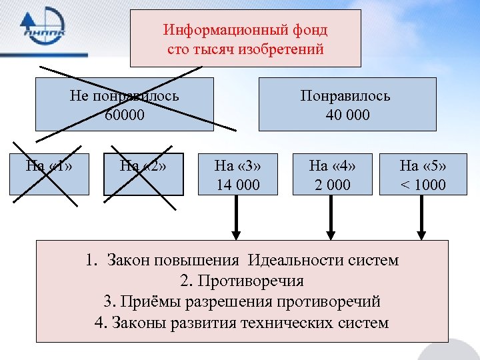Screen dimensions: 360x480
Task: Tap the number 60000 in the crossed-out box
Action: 124,115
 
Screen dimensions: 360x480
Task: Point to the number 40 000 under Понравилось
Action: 347,115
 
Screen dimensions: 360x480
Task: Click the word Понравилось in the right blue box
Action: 345,95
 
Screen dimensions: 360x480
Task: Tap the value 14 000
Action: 238,185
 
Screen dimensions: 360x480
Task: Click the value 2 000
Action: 330,185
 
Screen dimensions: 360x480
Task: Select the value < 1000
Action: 423,185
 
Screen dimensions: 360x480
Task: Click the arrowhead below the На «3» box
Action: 235,235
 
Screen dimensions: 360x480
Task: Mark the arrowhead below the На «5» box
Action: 421,235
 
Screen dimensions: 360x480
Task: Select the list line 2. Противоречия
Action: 242,281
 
